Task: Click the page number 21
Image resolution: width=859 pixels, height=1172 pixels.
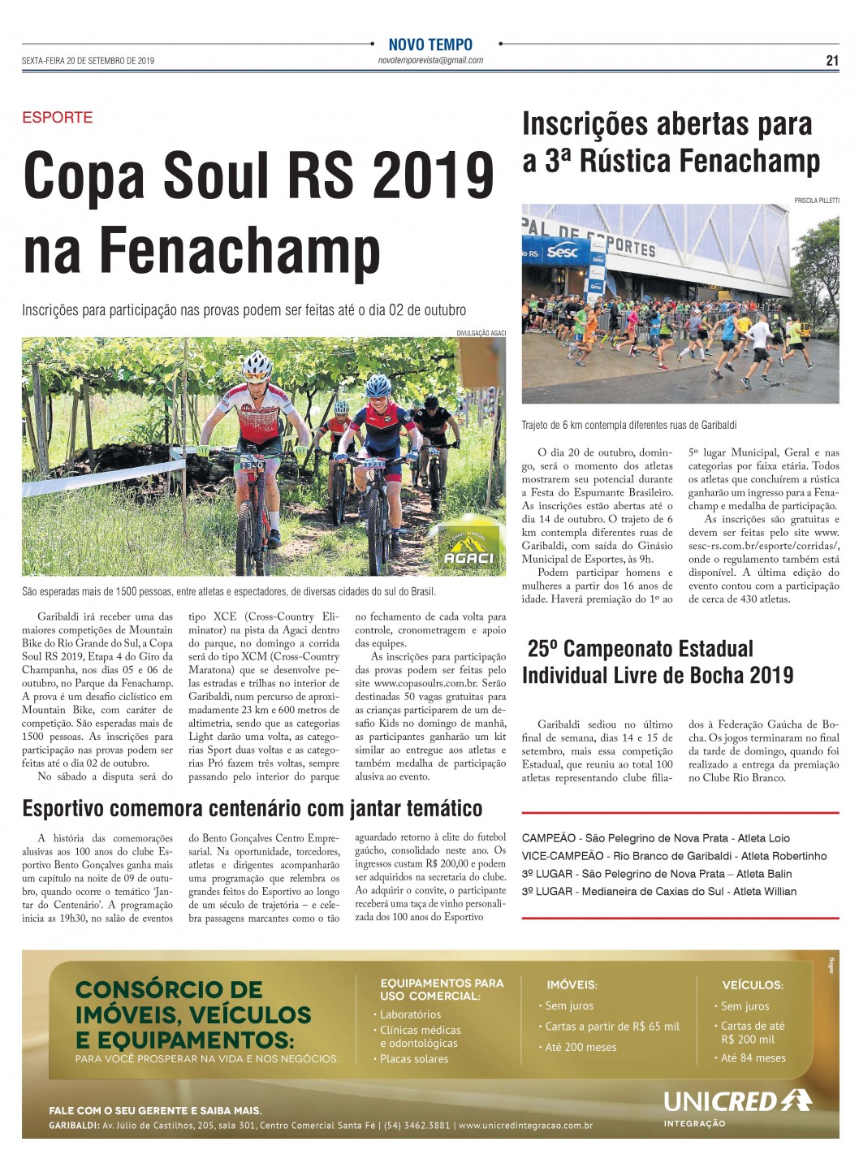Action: pyautogui.click(x=832, y=60)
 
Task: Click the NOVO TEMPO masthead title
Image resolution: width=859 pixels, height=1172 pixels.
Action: pyautogui.click(x=430, y=45)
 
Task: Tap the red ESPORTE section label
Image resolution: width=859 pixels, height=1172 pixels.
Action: pyautogui.click(x=57, y=117)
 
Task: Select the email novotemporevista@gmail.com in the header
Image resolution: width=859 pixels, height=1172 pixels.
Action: pyautogui.click(x=430, y=60)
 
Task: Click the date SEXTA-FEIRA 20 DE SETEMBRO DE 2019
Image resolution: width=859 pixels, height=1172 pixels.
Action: pyautogui.click(x=88, y=61)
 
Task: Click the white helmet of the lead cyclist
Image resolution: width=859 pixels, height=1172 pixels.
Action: pyautogui.click(x=257, y=364)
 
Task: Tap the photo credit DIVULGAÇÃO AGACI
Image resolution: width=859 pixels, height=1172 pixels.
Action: pyautogui.click(x=481, y=333)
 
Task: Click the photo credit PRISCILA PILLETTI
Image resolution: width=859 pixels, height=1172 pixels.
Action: pyautogui.click(x=817, y=200)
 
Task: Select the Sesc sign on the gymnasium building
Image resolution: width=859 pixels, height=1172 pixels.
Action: pyautogui.click(x=562, y=252)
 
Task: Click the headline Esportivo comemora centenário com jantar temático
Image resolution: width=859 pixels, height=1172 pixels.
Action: pyautogui.click(x=253, y=808)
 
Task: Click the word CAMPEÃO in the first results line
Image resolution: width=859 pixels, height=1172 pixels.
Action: pyautogui.click(x=549, y=838)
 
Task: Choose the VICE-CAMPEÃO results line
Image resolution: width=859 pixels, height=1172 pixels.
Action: pyautogui.click(x=674, y=856)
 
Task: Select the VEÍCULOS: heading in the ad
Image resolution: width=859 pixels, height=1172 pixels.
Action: pyautogui.click(x=753, y=985)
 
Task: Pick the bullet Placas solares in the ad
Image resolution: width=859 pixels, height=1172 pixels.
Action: pyautogui.click(x=414, y=1059)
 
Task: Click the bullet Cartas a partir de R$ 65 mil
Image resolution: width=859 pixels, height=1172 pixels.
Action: pyautogui.click(x=612, y=1027)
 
